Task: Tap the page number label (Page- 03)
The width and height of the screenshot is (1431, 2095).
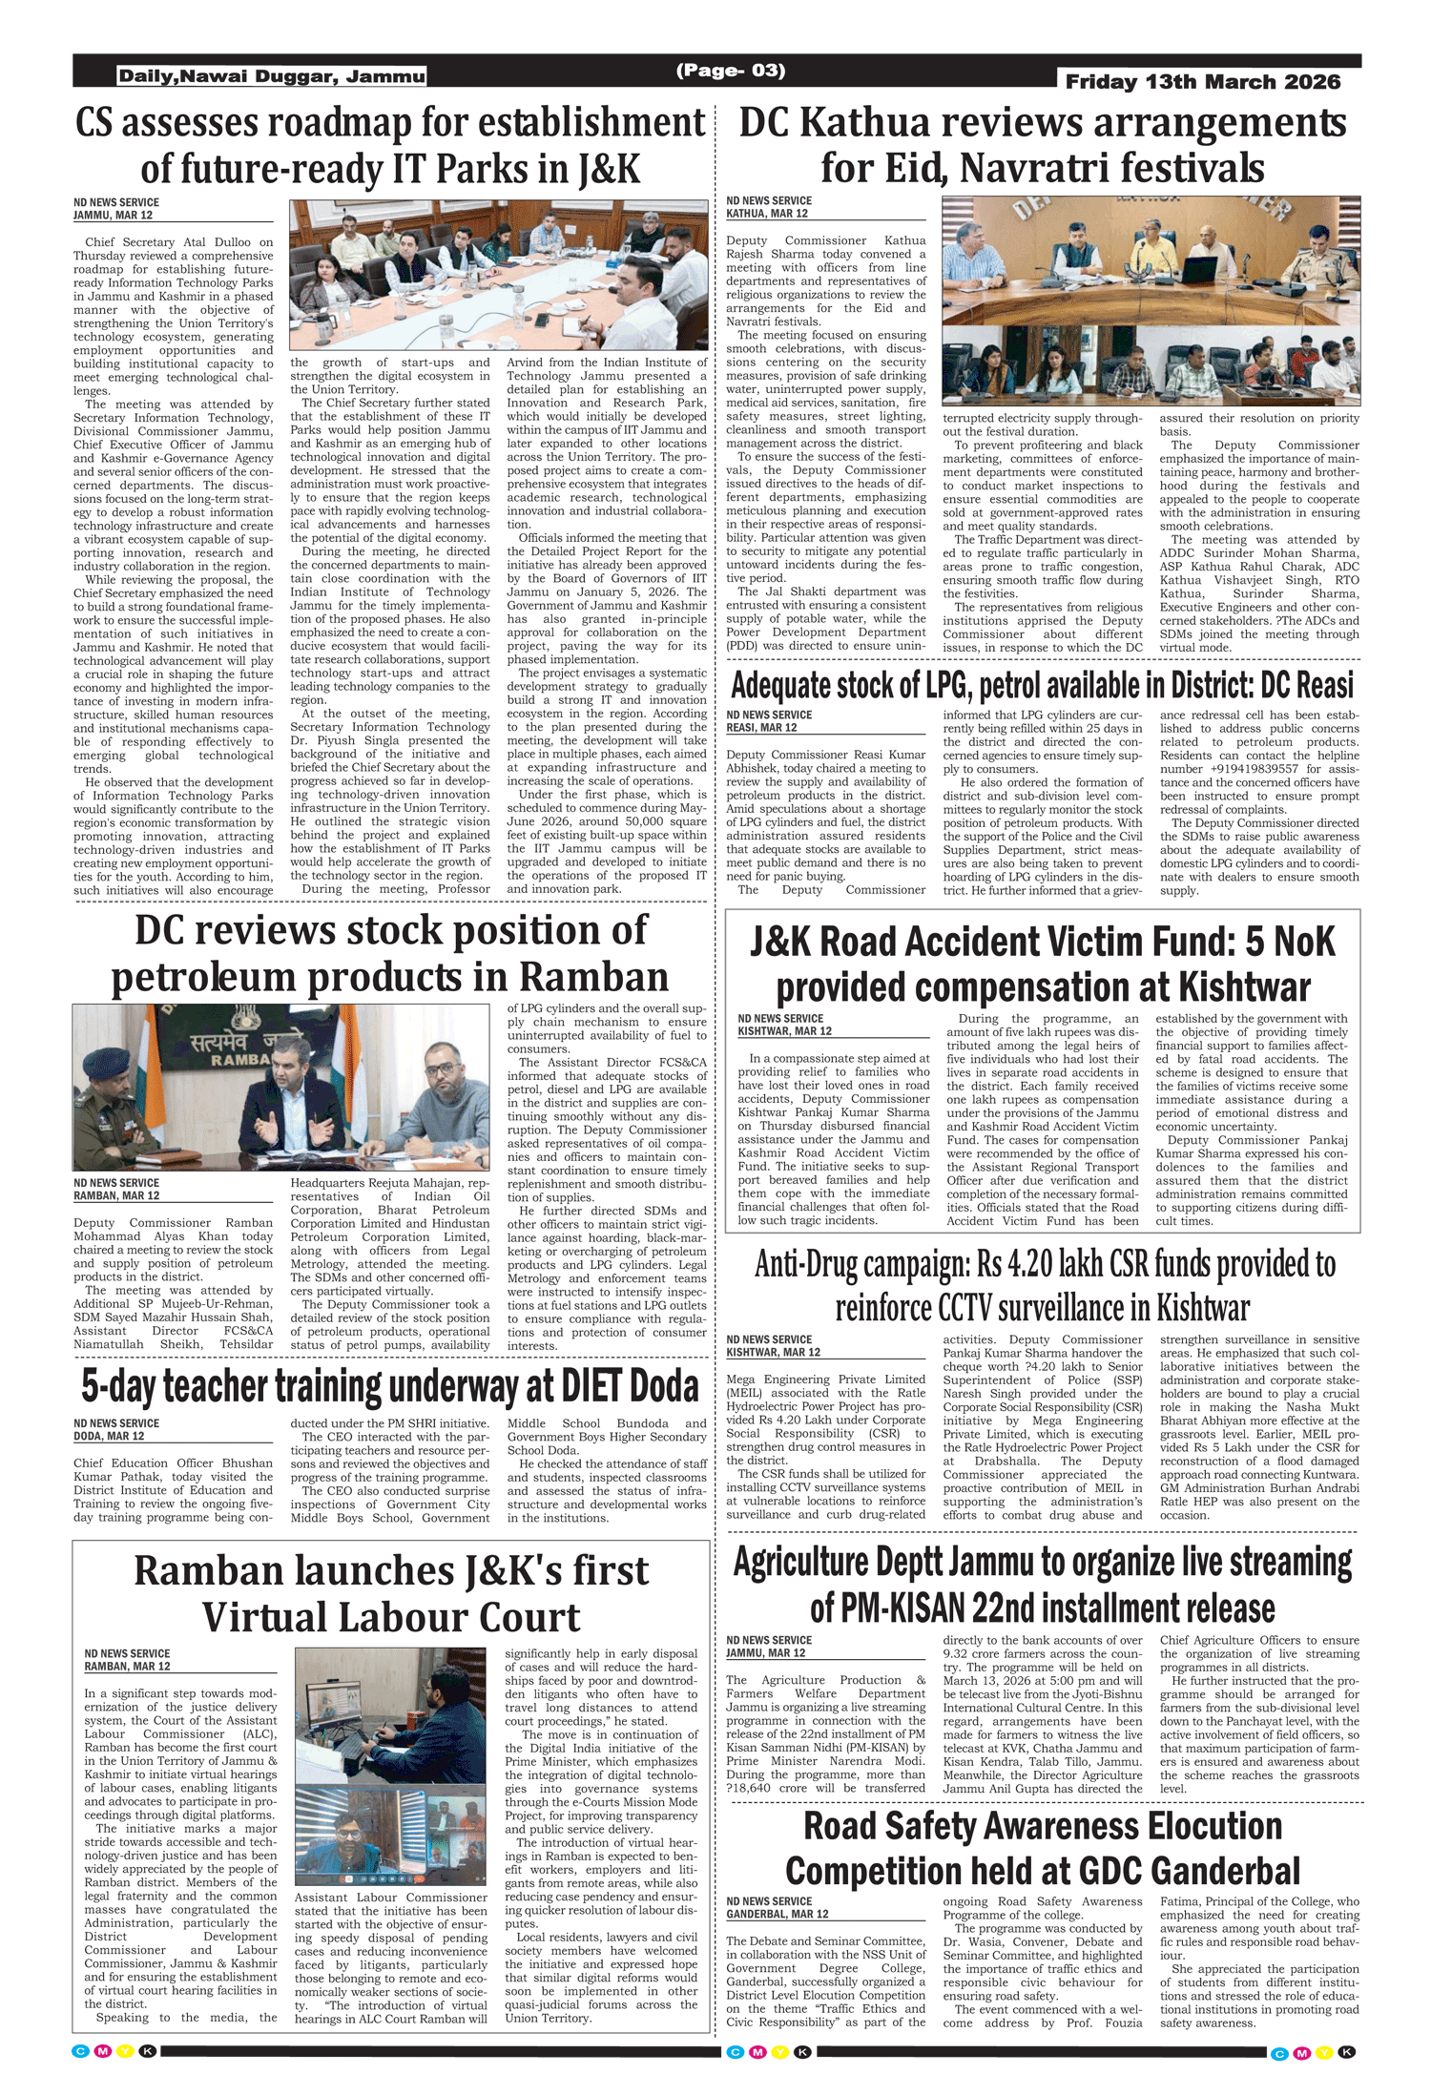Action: pos(730,71)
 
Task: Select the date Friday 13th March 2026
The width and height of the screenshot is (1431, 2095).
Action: pos(1202,82)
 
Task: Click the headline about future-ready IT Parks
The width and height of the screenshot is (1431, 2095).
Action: pos(390,146)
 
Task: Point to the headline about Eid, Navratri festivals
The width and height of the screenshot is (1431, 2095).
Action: pos(1043,145)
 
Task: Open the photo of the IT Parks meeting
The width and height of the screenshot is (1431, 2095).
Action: pos(499,275)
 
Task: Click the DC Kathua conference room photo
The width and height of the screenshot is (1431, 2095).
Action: pos(1151,301)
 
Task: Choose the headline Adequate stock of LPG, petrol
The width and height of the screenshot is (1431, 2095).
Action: pos(1042,685)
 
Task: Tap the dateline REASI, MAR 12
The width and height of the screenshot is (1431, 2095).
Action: pos(761,727)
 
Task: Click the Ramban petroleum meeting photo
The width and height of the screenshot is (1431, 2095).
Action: pos(280,1087)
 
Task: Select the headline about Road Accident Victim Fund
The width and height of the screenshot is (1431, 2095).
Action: pos(1043,964)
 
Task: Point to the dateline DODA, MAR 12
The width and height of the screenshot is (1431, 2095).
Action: pos(109,1436)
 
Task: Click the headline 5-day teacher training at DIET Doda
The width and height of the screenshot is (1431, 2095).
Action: pos(390,1386)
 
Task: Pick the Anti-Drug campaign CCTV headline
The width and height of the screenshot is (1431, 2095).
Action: pos(1044,1285)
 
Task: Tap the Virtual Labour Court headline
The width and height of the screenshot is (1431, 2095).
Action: pos(391,1593)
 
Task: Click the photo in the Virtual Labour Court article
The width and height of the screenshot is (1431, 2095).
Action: pos(390,1765)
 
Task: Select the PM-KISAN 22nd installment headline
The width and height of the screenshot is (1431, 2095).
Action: pos(1043,1586)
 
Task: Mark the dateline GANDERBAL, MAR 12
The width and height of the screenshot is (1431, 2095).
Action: pos(777,1914)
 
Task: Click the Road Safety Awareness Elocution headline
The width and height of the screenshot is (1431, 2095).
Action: pos(1043,1848)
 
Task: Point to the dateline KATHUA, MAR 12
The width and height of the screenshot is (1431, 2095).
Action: pos(767,214)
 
